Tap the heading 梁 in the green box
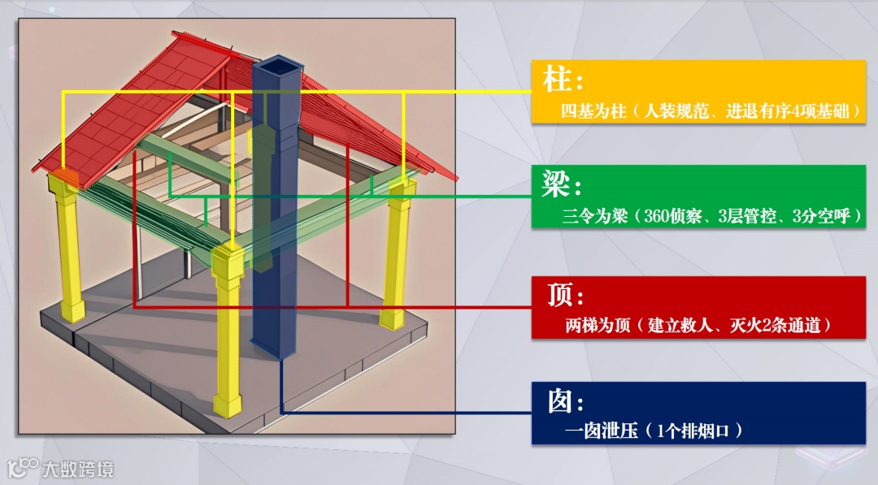click(x=556, y=187)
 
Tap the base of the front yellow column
click(x=228, y=404)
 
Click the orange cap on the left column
click(x=65, y=176)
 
